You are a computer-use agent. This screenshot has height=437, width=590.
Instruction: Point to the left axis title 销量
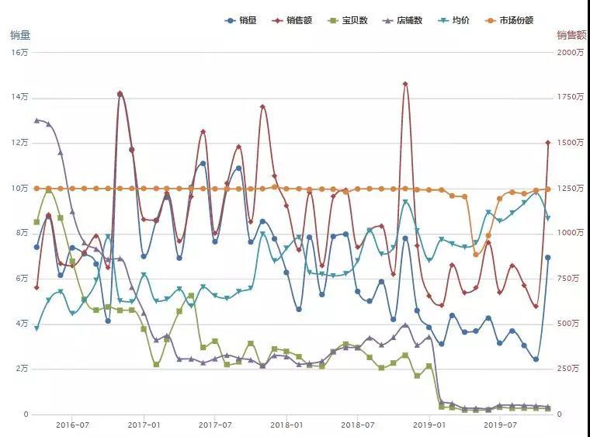20,36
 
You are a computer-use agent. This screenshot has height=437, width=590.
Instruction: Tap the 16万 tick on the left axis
19,53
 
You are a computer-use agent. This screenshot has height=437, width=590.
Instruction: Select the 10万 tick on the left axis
19,188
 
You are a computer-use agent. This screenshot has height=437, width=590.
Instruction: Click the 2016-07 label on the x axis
72,425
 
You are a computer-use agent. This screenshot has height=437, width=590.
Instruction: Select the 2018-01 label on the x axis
286,425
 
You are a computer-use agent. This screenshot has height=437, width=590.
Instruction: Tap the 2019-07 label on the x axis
501,425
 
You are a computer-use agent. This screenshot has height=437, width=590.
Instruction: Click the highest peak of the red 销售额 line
405,84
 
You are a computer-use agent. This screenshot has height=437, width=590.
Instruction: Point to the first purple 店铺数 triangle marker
36,120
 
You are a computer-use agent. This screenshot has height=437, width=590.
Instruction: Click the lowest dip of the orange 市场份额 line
476,255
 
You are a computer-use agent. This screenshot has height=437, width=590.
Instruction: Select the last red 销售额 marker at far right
548,143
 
